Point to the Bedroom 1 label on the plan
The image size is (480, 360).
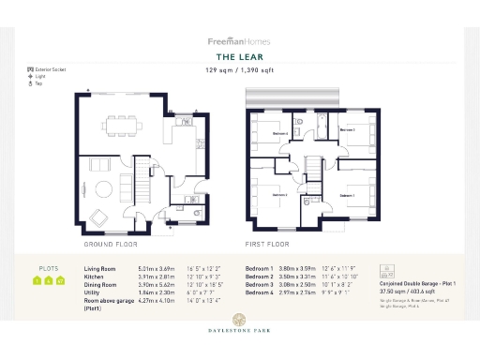tap(346, 195)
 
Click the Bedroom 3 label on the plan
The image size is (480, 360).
tap(347, 129)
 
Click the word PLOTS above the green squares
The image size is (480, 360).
tap(48, 267)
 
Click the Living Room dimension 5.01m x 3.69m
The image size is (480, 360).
tap(156, 268)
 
